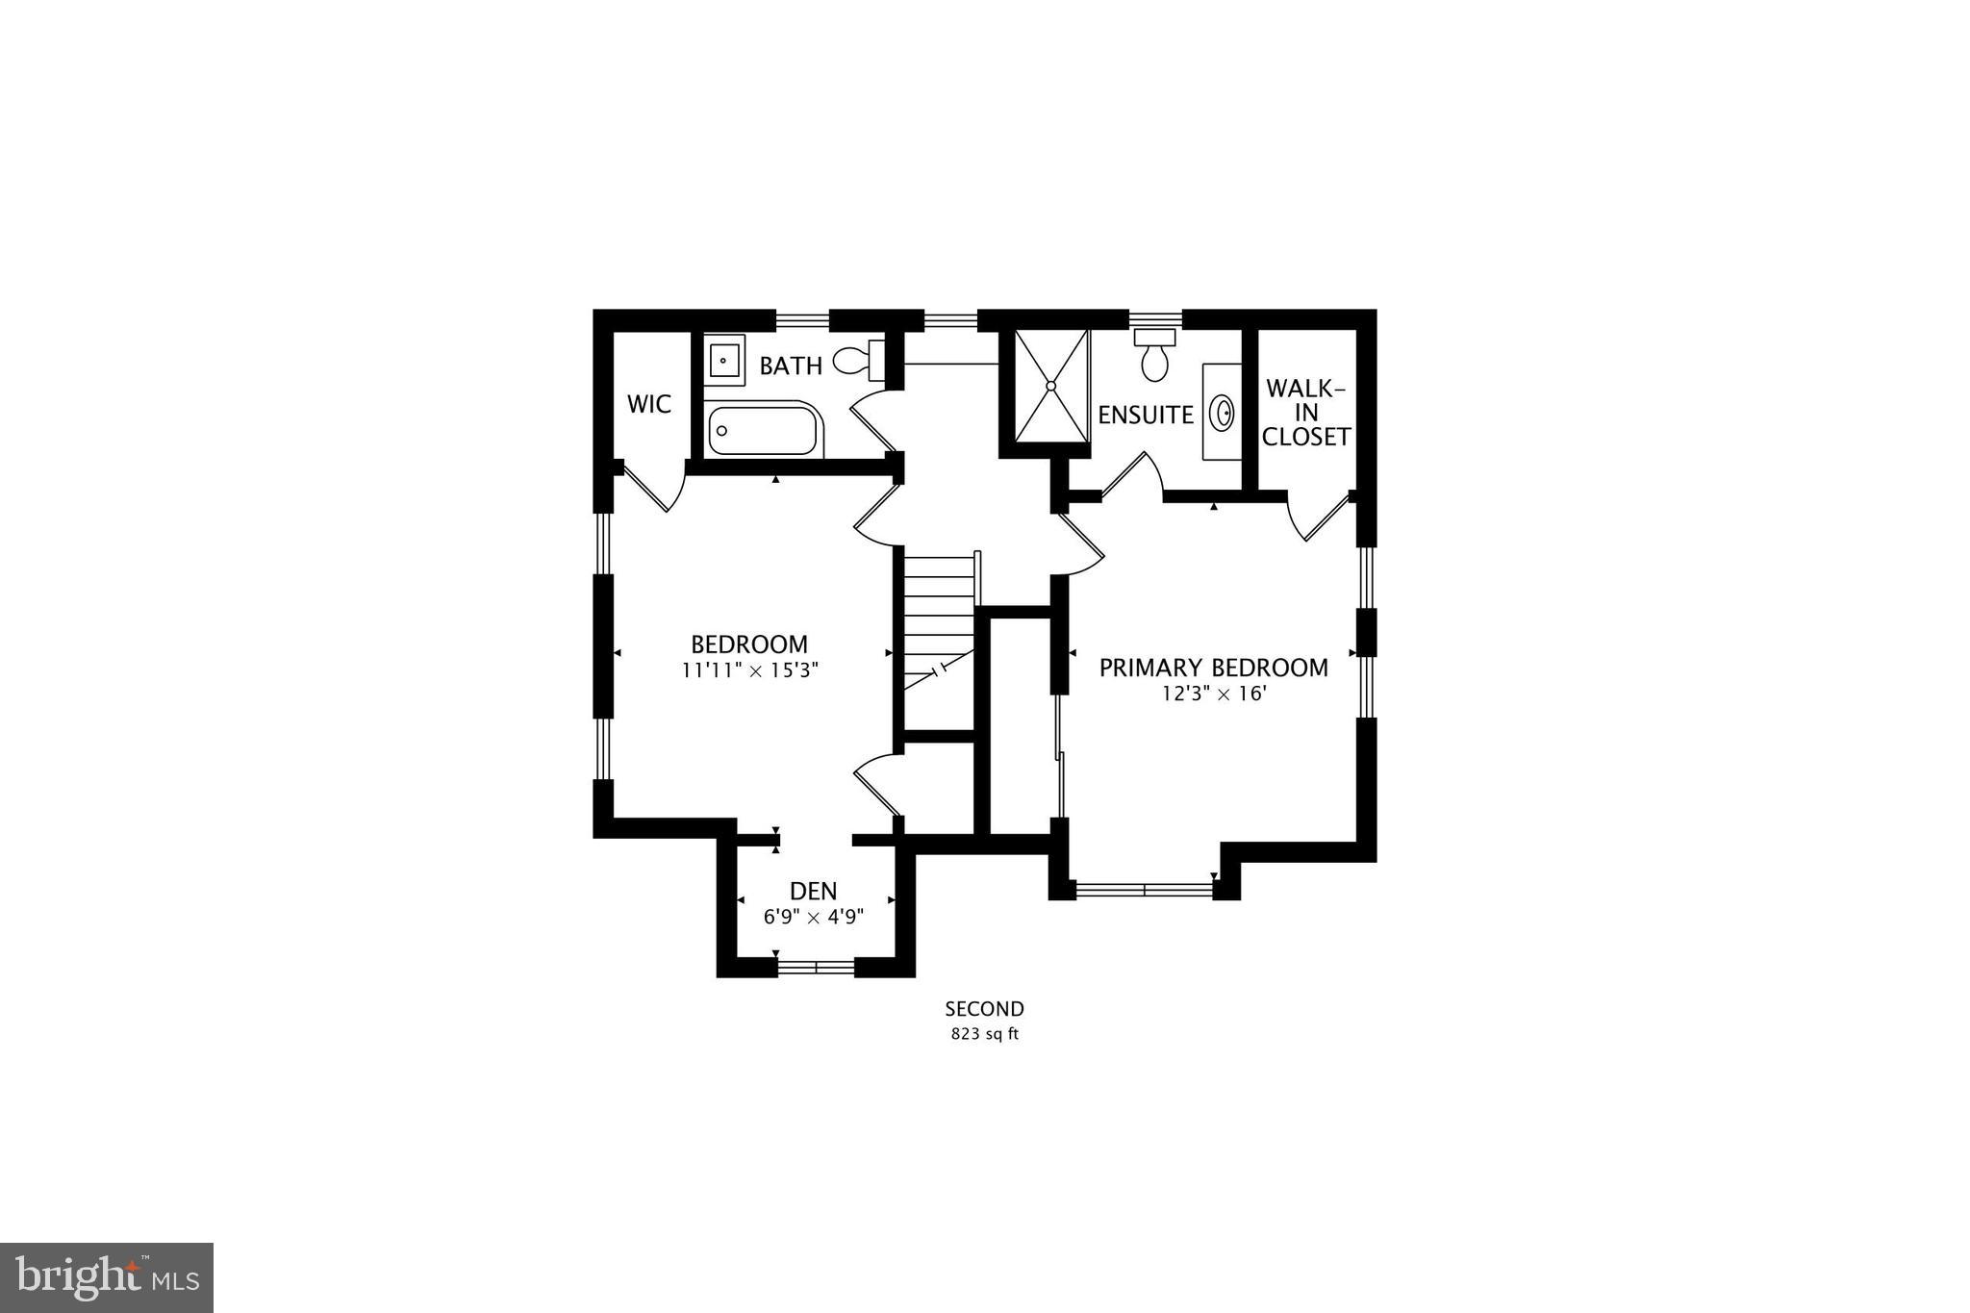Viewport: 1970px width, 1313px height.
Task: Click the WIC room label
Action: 649,404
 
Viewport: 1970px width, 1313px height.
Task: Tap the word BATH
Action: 791,366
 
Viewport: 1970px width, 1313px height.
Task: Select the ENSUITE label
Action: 1146,415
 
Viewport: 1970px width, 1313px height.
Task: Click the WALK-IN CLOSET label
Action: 1305,413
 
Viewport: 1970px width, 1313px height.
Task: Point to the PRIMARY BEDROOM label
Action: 1213,668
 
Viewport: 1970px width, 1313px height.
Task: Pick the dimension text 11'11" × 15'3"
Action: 749,670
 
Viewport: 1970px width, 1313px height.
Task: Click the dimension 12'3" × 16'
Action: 1213,694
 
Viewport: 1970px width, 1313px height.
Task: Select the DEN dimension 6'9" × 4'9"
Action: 814,917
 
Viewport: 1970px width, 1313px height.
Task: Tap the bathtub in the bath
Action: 765,430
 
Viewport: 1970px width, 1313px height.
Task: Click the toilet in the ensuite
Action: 1154,355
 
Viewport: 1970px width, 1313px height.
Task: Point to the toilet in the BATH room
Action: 858,361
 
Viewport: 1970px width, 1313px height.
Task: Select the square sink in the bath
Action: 723,361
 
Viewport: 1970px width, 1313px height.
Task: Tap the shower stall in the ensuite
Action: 1050,386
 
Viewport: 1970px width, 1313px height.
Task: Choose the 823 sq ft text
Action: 984,1035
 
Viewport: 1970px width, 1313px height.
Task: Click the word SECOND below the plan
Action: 984,1009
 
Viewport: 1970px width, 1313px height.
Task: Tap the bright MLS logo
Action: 107,1277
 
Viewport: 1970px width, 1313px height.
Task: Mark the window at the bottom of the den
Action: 816,967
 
